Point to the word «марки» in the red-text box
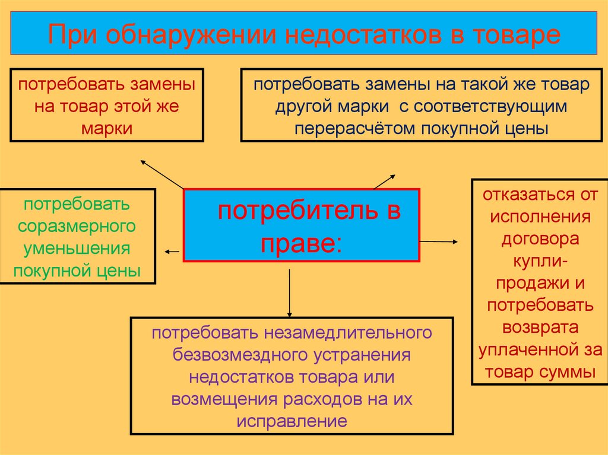point(107,129)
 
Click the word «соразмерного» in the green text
point(77,227)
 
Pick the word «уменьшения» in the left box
point(77,249)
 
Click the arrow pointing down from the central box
point(290,294)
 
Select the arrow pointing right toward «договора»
point(439,241)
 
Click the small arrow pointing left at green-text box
point(172,252)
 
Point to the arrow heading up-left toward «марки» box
point(160,173)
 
